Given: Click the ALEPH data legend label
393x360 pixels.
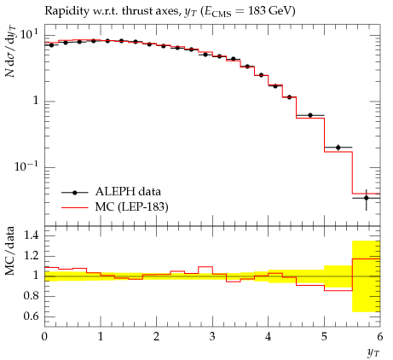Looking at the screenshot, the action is [128, 192].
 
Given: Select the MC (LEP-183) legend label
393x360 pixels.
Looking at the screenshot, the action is [131, 207].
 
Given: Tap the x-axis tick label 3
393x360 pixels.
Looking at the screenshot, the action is [212, 337].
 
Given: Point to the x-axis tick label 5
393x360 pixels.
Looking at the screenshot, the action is [324, 337].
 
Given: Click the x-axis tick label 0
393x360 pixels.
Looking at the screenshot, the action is [44, 337].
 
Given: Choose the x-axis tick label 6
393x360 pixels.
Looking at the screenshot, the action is [380, 337].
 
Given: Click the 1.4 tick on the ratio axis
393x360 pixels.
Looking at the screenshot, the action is [31, 235].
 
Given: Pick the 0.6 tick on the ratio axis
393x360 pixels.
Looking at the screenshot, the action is [31, 316].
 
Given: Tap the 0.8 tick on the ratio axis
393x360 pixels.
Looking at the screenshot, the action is [31, 296].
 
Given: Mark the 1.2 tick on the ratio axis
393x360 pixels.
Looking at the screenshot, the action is [31, 256].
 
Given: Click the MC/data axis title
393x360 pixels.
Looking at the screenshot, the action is [10, 251].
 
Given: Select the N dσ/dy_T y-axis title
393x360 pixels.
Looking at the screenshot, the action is [11, 51].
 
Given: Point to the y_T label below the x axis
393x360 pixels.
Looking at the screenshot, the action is [373, 353].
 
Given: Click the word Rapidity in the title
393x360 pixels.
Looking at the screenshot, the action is [62, 11].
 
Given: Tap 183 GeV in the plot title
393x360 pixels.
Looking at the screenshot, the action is [270, 11].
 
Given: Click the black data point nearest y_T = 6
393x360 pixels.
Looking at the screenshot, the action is [367, 198].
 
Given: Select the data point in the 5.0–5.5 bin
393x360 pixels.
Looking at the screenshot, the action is [338, 148].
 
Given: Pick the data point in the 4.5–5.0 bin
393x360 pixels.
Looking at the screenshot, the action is [310, 115].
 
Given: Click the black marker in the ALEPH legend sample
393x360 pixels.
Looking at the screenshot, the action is [75, 193].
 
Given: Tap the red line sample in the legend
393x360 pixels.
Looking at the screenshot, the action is [75, 208].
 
